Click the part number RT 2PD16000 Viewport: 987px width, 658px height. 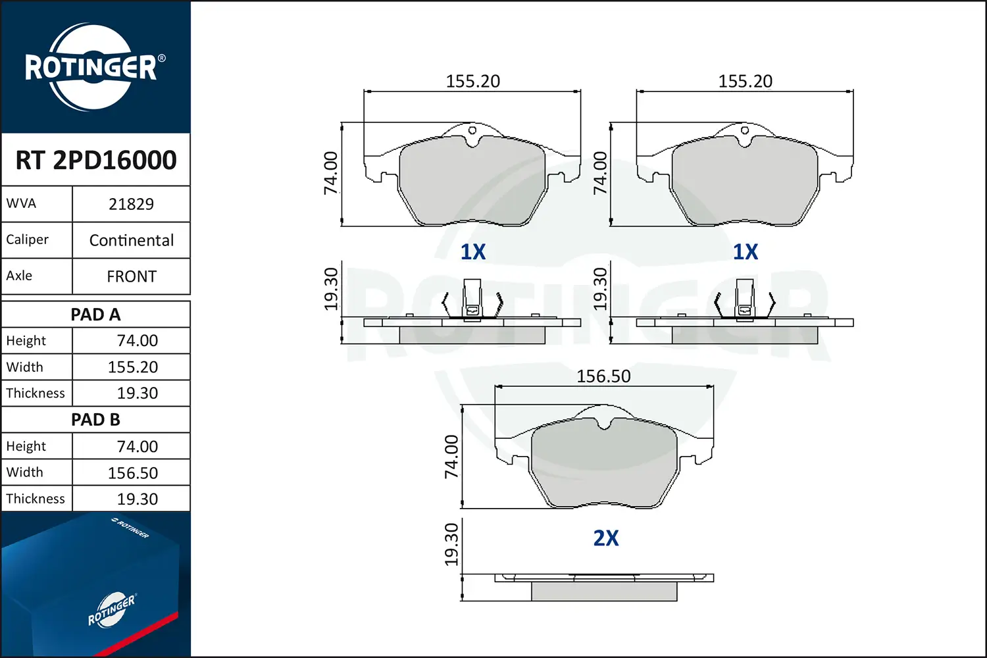coord(96,160)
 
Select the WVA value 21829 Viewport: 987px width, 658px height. coord(132,204)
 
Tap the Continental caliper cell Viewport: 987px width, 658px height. coord(132,240)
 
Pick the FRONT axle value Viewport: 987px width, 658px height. coord(132,276)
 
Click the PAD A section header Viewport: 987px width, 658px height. coord(95,315)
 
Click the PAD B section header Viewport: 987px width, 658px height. coord(95,420)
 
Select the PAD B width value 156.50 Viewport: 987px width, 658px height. coord(133,473)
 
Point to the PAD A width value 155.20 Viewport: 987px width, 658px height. coord(133,367)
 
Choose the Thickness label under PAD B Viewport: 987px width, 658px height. coord(36,499)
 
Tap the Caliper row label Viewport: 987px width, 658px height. coord(28,240)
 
